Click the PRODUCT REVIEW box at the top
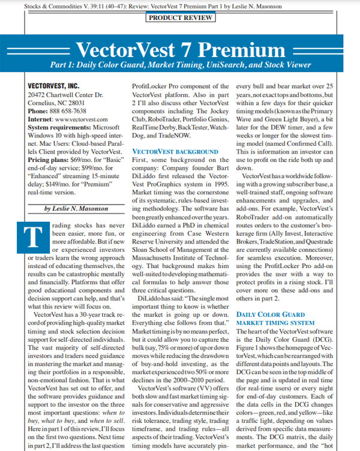[x=180, y=18]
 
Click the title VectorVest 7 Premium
[x=180, y=47]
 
